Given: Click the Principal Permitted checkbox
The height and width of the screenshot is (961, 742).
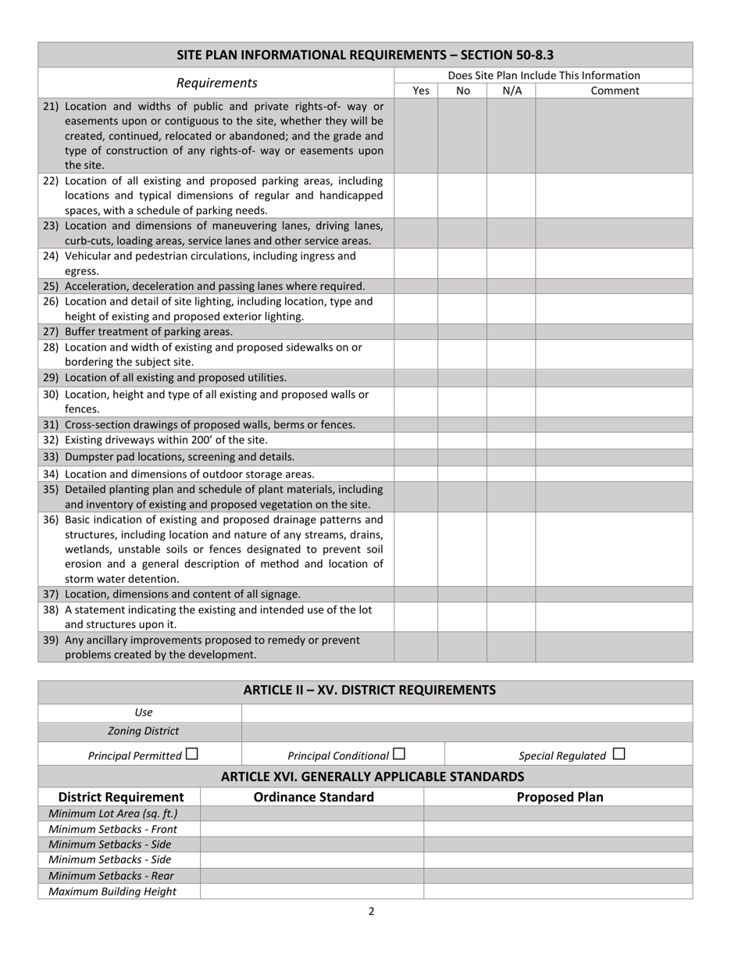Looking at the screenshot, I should [192, 755].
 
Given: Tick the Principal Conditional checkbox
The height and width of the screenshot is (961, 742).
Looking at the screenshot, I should [399, 755].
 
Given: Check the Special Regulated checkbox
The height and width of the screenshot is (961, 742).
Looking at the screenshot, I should [619, 755].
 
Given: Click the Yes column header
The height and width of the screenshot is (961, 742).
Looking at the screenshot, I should [420, 91].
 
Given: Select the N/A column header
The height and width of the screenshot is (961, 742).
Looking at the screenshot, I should [512, 91].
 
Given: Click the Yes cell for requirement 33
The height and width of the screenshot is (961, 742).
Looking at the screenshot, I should [416, 457].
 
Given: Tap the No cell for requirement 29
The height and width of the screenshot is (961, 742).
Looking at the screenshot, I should [462, 377].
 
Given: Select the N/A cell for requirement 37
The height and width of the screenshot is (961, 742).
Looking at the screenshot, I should [512, 595].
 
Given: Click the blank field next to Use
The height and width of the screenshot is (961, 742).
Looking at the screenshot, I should [467, 713].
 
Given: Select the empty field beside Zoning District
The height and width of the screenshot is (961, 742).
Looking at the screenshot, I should [467, 731].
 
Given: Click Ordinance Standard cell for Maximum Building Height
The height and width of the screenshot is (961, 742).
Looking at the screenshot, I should [312, 891].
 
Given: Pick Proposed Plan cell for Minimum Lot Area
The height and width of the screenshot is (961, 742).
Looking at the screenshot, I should [558, 813].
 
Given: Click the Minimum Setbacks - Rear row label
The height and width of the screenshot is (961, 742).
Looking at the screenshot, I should [112, 876].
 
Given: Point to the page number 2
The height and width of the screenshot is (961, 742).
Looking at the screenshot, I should [371, 911].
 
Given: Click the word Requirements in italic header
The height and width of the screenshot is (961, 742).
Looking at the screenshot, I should [216, 83].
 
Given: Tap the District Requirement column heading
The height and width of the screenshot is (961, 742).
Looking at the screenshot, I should [121, 797].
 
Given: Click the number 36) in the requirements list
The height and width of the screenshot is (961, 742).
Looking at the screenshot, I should [51, 520].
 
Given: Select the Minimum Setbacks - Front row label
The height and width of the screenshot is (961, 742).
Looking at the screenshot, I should [113, 829].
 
